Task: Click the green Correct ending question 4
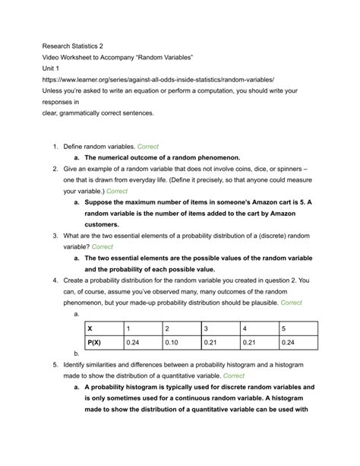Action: (292, 303)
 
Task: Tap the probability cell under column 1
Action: (144, 342)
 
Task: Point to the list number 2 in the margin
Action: (55, 167)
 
